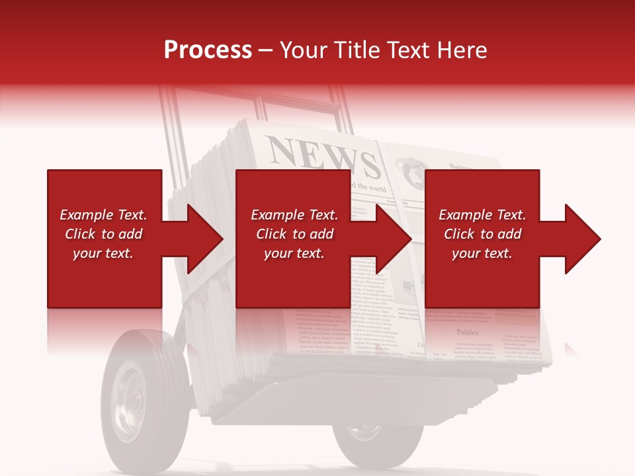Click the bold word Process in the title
pos(208,50)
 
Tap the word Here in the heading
pos(462,50)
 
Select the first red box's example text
pos(104,234)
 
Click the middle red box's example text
pos(294,234)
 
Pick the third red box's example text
pos(482,234)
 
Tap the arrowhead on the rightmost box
pos(581,239)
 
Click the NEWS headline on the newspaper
pos(323,157)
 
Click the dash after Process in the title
pos(266,50)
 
